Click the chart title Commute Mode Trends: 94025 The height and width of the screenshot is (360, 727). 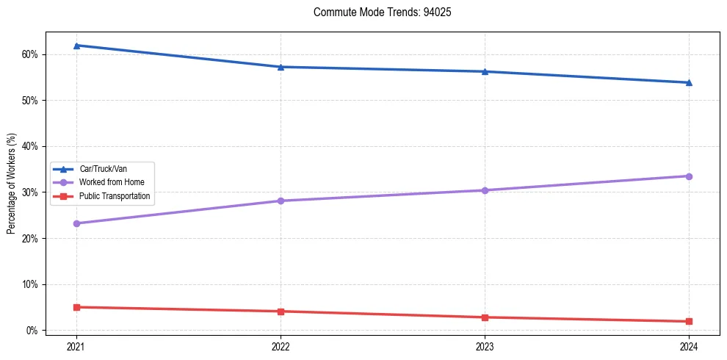pyautogui.click(x=377, y=12)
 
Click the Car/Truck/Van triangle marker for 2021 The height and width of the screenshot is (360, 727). pyautogui.click(x=76, y=46)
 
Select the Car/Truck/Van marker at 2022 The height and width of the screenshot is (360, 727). pyautogui.click(x=281, y=67)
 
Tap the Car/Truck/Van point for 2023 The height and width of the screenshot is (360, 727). pyautogui.click(x=485, y=71)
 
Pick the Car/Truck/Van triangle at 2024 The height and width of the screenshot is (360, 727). pyautogui.click(x=689, y=82)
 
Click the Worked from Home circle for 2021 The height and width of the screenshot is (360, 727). pyautogui.click(x=76, y=223)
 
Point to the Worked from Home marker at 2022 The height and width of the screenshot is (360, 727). pyautogui.click(x=281, y=201)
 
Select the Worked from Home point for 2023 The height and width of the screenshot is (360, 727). pyautogui.click(x=485, y=190)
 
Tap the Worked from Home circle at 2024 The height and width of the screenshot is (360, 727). pyautogui.click(x=689, y=176)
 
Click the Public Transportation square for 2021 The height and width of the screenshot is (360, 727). pyautogui.click(x=76, y=307)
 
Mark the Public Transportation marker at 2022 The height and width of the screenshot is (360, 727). pyautogui.click(x=281, y=312)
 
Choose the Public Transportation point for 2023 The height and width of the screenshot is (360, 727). pyautogui.click(x=485, y=317)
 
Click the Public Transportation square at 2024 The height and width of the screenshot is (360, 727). pyautogui.click(x=689, y=322)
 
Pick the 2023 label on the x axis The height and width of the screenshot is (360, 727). pyautogui.click(x=485, y=346)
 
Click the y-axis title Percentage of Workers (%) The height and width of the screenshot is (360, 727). pyautogui.click(x=12, y=183)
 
